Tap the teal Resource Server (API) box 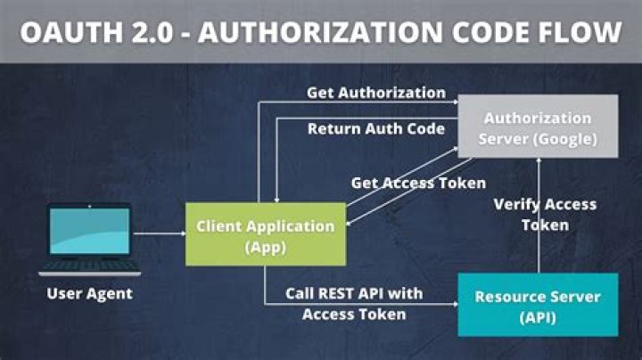click(537, 305)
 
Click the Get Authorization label click(375, 92)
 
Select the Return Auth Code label click(375, 128)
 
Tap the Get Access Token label click(418, 183)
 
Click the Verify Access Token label click(545, 215)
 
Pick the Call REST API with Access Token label click(354, 303)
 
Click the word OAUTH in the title click(69, 32)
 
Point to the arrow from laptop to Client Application click(158, 235)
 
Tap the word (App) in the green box click(266, 248)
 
